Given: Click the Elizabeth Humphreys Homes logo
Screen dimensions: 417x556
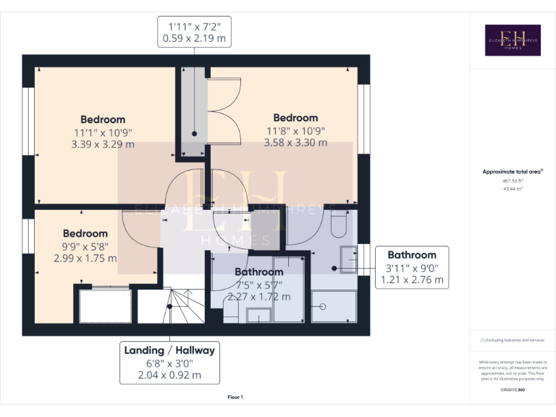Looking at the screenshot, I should [x=512, y=40].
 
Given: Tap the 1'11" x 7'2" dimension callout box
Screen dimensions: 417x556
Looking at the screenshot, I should [x=195, y=32].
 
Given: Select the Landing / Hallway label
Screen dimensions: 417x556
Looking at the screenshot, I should [x=169, y=350].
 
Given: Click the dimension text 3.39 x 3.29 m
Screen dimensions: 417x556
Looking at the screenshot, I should [x=103, y=144].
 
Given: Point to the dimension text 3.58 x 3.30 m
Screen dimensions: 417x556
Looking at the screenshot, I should [x=295, y=143].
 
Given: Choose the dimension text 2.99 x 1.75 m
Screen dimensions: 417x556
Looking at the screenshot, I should [x=85, y=258].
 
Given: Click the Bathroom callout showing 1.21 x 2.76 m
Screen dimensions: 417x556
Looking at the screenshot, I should [x=412, y=266].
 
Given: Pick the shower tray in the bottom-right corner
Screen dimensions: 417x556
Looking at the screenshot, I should [x=334, y=307].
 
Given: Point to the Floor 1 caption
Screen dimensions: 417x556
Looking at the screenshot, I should [x=235, y=397].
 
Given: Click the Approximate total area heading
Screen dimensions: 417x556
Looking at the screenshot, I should [x=512, y=172].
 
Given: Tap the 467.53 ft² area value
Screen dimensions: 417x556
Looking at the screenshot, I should [x=512, y=180].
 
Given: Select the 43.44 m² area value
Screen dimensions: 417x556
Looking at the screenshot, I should [x=512, y=188].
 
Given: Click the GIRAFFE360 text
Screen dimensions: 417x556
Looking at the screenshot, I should [x=512, y=390].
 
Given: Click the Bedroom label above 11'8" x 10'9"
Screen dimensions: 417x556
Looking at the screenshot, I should [x=295, y=118].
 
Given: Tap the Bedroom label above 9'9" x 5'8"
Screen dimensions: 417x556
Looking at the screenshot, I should [x=85, y=234].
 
